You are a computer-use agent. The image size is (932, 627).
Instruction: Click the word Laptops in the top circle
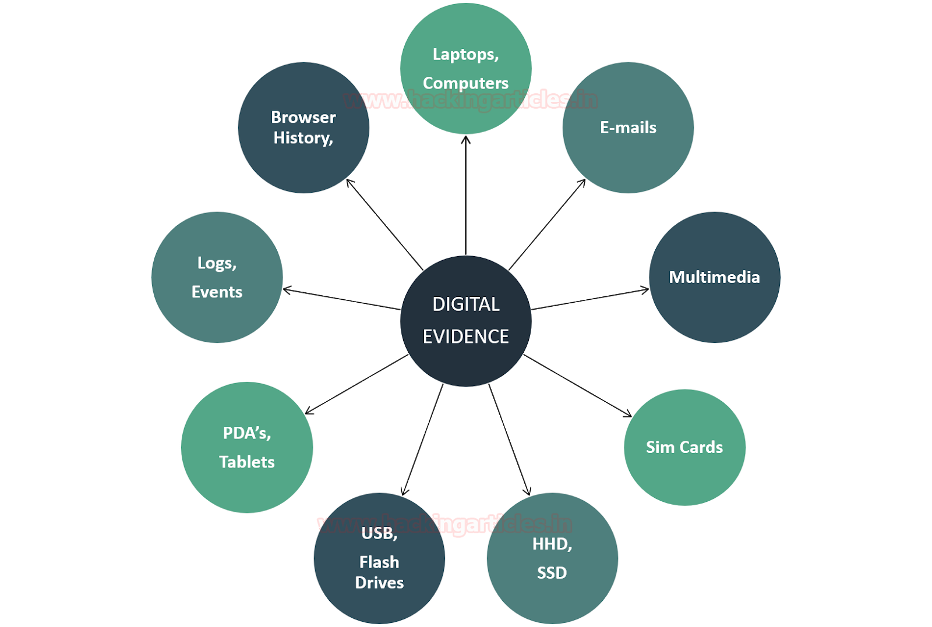(x=465, y=55)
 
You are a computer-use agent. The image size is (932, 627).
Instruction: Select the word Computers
(x=465, y=83)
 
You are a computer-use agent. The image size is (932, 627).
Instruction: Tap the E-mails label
(x=628, y=127)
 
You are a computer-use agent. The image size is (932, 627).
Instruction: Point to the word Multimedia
(x=714, y=277)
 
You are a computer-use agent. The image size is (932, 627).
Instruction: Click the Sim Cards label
(x=684, y=447)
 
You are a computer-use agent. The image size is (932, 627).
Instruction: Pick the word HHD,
(x=552, y=544)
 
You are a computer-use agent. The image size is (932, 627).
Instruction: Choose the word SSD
(x=552, y=573)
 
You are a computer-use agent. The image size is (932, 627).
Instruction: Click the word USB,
(x=379, y=533)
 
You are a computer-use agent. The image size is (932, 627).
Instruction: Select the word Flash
(x=379, y=562)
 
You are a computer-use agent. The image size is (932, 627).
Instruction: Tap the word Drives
(x=379, y=583)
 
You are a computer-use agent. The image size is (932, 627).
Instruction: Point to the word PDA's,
(x=247, y=433)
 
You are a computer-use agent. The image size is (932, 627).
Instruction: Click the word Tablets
(x=247, y=462)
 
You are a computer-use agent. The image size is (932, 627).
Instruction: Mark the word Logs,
(x=217, y=263)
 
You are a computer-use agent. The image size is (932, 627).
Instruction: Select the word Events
(x=217, y=292)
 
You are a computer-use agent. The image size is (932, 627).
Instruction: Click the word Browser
(x=303, y=118)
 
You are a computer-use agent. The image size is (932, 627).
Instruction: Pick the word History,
(x=303, y=138)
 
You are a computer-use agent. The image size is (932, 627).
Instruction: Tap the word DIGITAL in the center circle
(x=466, y=304)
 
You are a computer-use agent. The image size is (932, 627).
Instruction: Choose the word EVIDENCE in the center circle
(x=466, y=336)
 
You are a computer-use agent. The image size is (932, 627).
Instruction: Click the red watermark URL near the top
(x=471, y=100)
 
